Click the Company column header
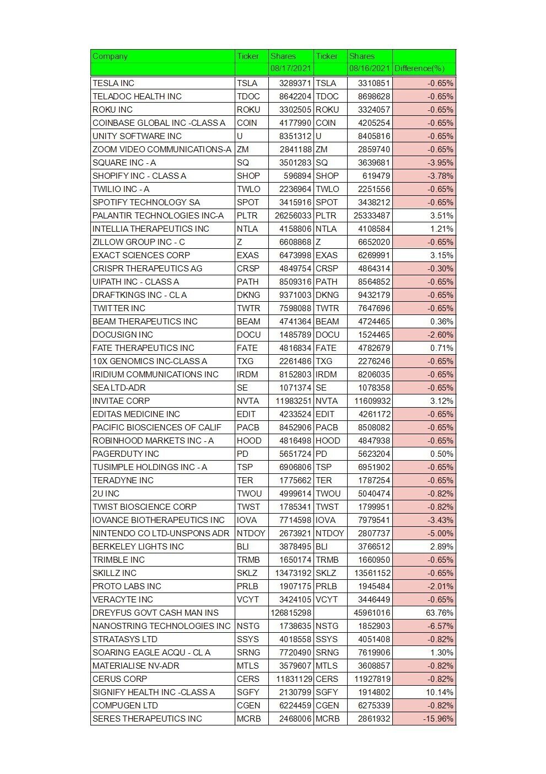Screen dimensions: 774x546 pos(110,56)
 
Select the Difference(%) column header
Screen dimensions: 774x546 pos(419,68)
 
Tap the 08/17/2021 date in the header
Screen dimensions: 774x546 pos(291,68)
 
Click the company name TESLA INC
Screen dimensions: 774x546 pos(113,83)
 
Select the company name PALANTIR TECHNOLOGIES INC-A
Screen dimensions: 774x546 pos(158,216)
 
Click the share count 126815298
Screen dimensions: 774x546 pos(291,613)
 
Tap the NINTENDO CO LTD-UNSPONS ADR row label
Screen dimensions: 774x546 pos(161,533)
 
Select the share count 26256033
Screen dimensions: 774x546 pos(293,216)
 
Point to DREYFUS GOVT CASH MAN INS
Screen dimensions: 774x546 pos(155,613)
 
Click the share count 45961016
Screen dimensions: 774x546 pos(372,613)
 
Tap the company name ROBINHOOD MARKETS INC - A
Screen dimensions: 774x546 pos(153,441)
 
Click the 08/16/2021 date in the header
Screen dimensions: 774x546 pos(369,68)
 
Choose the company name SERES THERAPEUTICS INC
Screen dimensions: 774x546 pos(147,719)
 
